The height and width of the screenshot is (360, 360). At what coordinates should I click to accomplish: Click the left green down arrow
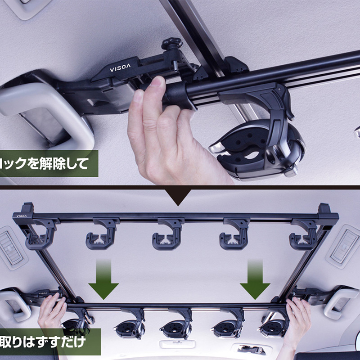(103, 280)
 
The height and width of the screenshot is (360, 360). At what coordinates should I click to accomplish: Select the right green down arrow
(255, 280)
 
